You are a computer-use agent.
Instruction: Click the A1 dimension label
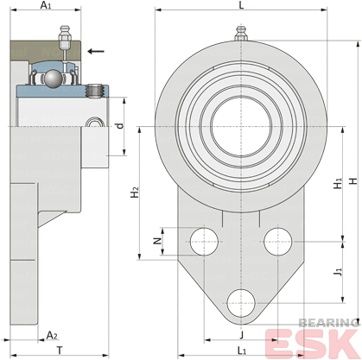pos(46,5)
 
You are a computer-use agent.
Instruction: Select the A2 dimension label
pos(52,335)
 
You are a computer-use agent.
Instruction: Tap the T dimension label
pos(60,351)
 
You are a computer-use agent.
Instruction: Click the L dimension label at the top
pos(241,5)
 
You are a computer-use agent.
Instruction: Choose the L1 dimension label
pos(242,351)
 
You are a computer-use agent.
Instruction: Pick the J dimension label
pos(242,335)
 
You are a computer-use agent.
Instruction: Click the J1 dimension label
pos(338,271)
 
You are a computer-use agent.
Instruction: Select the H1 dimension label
pos(338,184)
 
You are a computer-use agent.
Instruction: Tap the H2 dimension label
pos(135,193)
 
